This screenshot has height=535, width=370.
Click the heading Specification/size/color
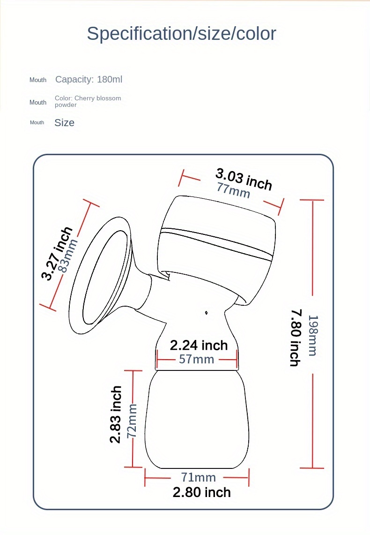pos(181,34)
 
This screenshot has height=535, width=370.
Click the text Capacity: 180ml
pos(89,80)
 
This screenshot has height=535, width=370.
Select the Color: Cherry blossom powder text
pos(88,101)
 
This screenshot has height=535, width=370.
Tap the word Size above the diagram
pos(64,123)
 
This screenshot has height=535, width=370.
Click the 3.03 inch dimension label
pos(244,179)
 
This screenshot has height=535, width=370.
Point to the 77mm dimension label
pos(233,190)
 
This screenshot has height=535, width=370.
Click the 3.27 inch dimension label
pos(57,253)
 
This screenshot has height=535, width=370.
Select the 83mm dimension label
pos(68,256)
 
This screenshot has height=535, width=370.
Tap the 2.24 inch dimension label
pos(199,345)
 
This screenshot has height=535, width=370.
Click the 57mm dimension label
pos(197,359)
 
